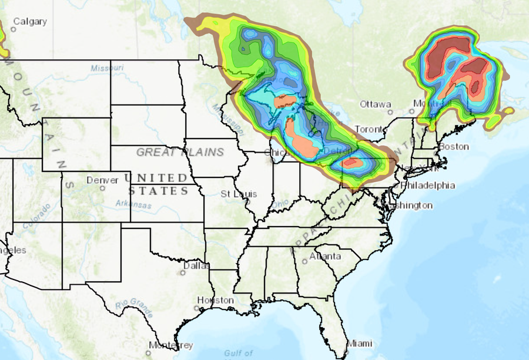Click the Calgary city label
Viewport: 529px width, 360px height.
[x=30, y=22]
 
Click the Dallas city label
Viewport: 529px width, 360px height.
[x=196, y=265]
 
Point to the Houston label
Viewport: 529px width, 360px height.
[x=215, y=300]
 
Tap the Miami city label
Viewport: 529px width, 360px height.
[x=359, y=343]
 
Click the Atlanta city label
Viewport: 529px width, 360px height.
[x=325, y=256]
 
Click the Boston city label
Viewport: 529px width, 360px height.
[x=454, y=146]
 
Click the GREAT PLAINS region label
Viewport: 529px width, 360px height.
[x=180, y=152]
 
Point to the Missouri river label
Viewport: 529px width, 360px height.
[x=108, y=68]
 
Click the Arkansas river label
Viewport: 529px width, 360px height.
[x=133, y=206]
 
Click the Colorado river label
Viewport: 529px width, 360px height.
[x=36, y=216]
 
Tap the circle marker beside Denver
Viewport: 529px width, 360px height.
[x=102, y=189]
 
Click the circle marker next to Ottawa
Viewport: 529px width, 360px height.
[x=389, y=110]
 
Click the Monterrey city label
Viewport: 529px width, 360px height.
[x=171, y=345]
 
